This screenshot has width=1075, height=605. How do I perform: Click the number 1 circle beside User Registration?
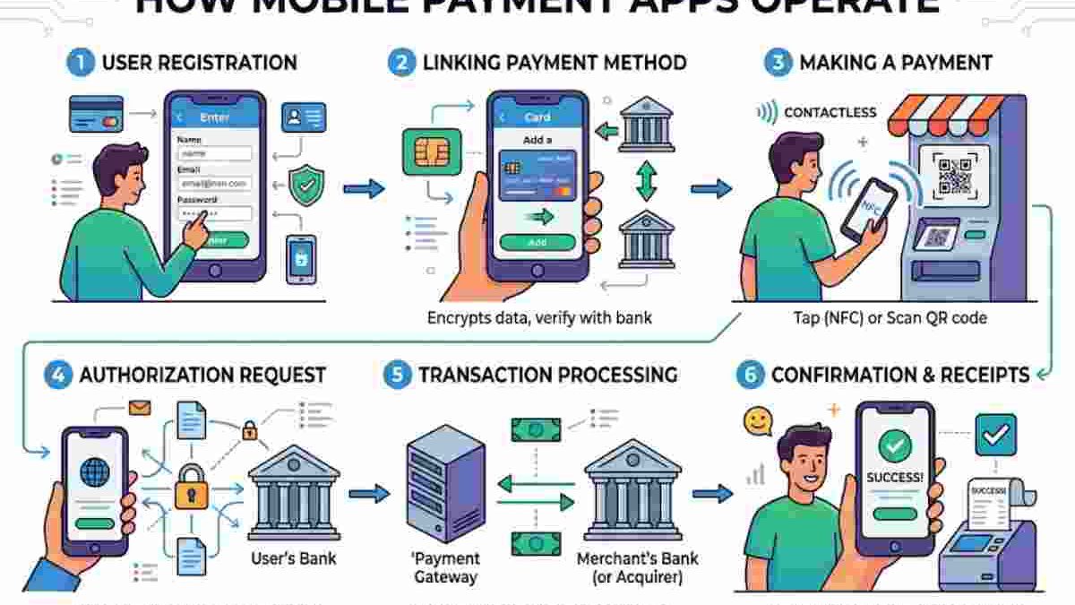pyautogui.click(x=79, y=63)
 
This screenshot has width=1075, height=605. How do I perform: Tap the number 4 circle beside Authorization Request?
pyautogui.click(x=57, y=375)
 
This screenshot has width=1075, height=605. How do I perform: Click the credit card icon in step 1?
pyautogui.click(x=96, y=114)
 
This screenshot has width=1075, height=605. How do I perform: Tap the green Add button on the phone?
pyautogui.click(x=537, y=242)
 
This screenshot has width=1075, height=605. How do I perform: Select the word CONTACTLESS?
pyautogui.click(x=830, y=112)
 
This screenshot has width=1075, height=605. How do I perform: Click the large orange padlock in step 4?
pyautogui.click(x=191, y=488)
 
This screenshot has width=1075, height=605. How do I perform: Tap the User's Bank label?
pyautogui.click(x=294, y=558)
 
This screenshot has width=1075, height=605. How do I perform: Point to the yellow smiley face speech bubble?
pyautogui.click(x=757, y=420)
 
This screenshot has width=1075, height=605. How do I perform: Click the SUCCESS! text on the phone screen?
pyautogui.click(x=894, y=478)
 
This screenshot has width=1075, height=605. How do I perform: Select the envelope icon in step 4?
pyautogui.click(x=139, y=409)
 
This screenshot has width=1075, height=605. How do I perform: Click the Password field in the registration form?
pyautogui.click(x=215, y=214)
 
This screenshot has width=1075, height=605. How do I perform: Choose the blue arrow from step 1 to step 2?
pyautogui.click(x=364, y=188)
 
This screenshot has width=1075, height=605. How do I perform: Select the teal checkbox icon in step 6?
pyautogui.click(x=994, y=435)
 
